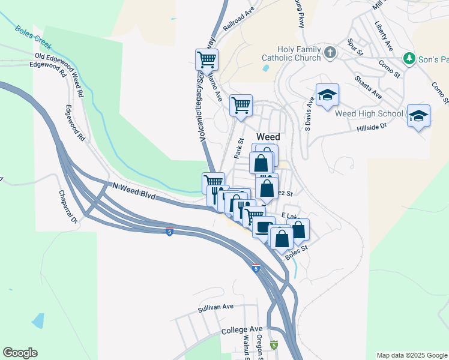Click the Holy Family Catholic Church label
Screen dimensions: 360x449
291,53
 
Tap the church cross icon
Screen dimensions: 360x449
330,53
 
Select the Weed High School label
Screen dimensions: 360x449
369,113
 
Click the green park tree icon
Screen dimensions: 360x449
409,58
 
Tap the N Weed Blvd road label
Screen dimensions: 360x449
133,191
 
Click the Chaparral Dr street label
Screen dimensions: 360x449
68,206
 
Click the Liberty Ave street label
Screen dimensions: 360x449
383,37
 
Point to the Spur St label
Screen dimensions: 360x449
355,47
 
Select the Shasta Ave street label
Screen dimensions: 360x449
369,87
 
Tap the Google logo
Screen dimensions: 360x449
20,353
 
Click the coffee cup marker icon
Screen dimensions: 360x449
264,227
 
